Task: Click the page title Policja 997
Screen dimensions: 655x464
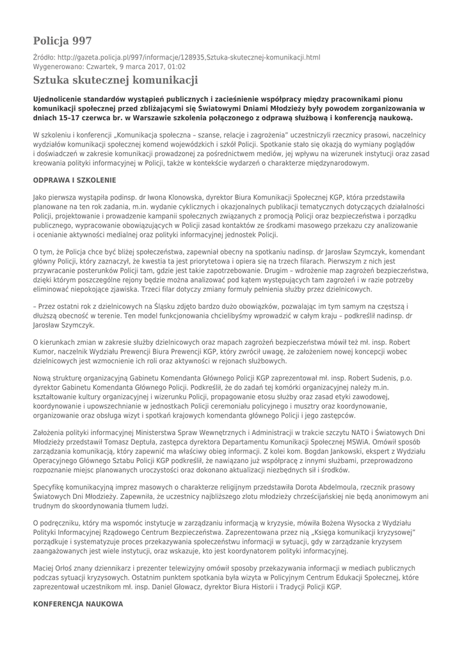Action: click(62, 41)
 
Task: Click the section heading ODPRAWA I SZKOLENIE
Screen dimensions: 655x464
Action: click(74, 181)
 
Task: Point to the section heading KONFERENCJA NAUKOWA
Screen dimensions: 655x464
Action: click(78, 604)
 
